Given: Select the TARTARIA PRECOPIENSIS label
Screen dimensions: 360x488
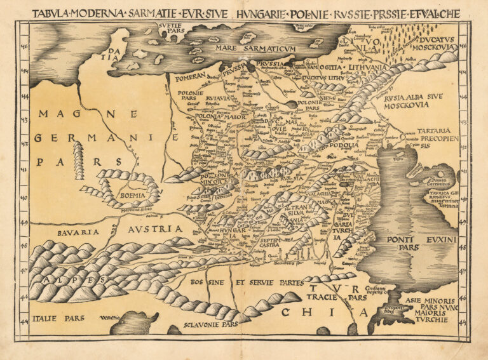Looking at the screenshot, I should [x=433, y=138].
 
